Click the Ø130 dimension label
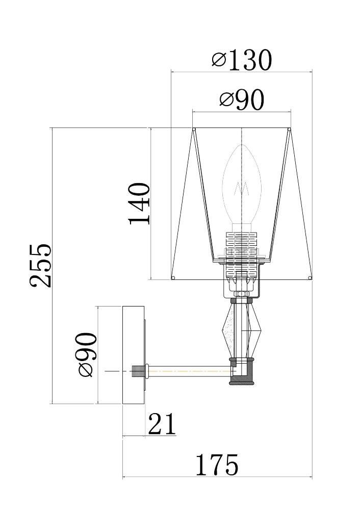click(x=241, y=60)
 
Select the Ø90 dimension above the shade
click(x=242, y=100)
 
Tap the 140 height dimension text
click(x=140, y=204)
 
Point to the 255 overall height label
click(x=41, y=266)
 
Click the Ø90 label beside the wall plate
click(x=87, y=354)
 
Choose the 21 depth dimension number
click(x=162, y=424)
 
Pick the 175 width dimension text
click(x=217, y=465)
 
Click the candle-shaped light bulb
click(x=242, y=186)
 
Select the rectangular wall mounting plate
click(x=133, y=355)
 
